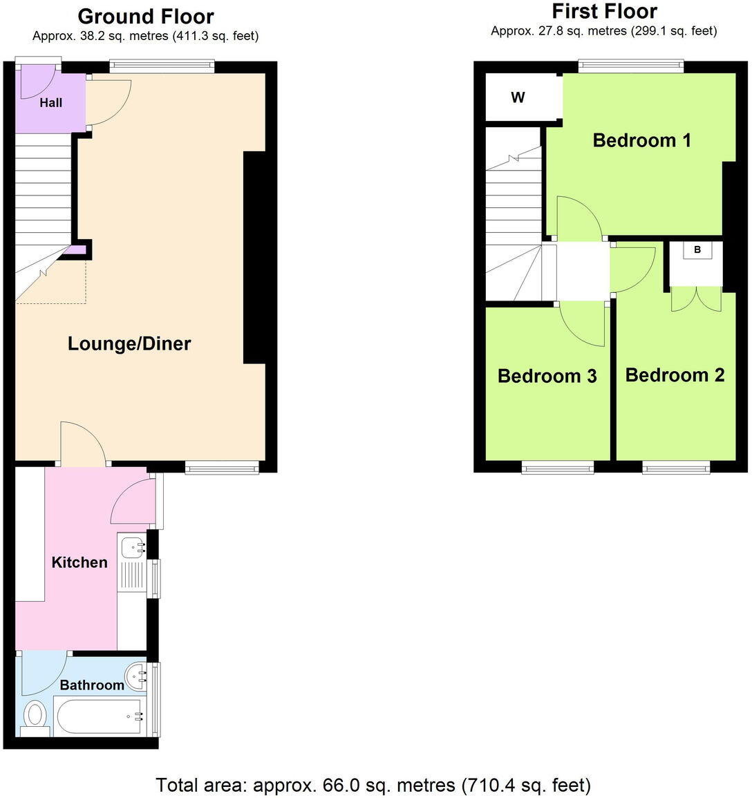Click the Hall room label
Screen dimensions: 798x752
50,103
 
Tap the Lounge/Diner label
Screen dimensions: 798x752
129,343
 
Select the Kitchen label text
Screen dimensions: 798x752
79,562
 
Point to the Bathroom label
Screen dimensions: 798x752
92,685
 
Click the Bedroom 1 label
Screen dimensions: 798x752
641,140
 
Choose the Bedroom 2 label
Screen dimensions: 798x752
675,374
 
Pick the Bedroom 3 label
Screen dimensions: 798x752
547,376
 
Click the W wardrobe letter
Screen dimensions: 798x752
518,97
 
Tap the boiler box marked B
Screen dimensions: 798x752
697,250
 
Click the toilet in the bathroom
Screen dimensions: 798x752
35,716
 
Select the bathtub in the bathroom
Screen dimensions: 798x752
101,716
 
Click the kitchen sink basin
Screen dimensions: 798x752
132,547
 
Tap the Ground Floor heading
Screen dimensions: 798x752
145,15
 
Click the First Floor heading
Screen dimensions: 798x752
604,11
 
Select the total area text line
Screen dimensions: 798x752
373,785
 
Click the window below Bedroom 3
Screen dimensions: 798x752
557,468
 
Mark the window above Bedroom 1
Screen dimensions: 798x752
631,66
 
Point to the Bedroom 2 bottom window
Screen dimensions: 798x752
676,468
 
